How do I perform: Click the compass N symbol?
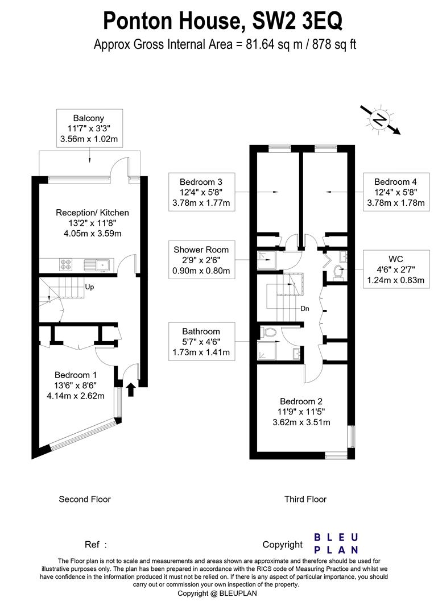[x=380, y=119]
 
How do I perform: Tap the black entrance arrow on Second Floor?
[x=131, y=389]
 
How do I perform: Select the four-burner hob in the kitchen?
[x=65, y=265]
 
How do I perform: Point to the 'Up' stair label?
[x=89, y=287]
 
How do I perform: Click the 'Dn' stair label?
[x=305, y=309]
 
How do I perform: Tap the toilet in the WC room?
[x=338, y=271]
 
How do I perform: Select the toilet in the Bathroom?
[x=268, y=333]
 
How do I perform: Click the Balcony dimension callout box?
[x=90, y=128]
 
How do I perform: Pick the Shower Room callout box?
[x=202, y=260]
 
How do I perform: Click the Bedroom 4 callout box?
[x=396, y=192]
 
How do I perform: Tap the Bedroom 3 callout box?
[x=202, y=192]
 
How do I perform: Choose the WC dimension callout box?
[x=396, y=269]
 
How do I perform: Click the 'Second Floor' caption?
[x=85, y=499]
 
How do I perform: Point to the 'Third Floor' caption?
[x=305, y=499]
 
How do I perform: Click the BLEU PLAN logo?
[x=336, y=544]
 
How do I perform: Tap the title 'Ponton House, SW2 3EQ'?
[x=222, y=21]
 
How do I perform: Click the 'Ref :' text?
[x=96, y=545]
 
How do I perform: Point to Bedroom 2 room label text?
[x=301, y=401]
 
